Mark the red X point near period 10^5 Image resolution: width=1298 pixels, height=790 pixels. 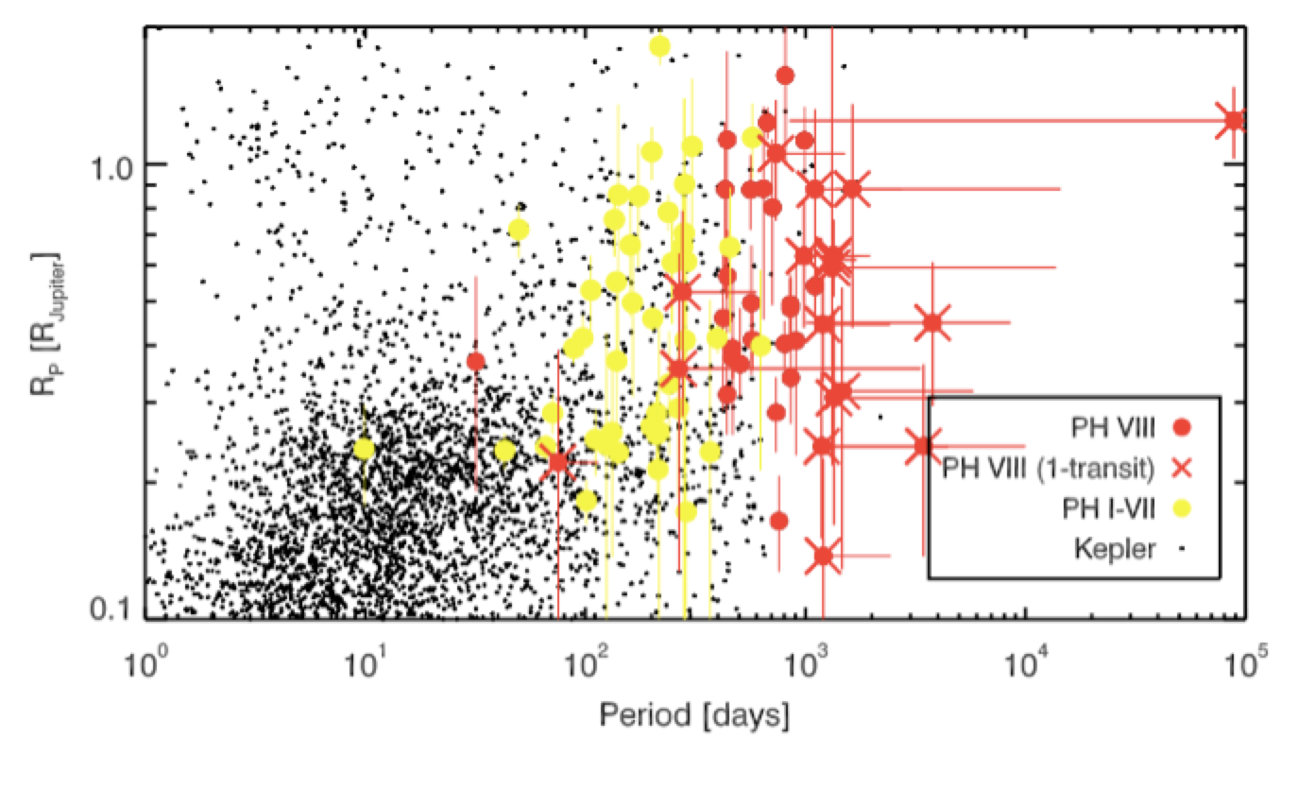(1233, 120)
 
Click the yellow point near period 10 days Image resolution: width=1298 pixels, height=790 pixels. (365, 449)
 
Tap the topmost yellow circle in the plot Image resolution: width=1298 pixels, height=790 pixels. (659, 46)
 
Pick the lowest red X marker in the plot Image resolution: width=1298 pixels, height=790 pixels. (823, 556)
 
